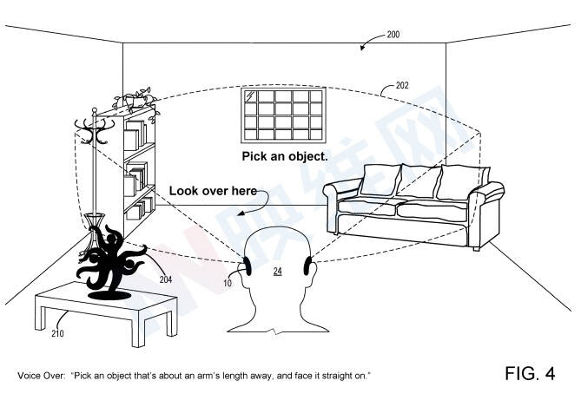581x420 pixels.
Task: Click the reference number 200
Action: click(x=393, y=35)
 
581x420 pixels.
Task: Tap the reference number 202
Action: click(x=402, y=86)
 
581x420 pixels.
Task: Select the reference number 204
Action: click(x=166, y=279)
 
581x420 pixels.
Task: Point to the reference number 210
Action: click(x=57, y=334)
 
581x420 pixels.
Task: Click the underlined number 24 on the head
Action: click(x=278, y=271)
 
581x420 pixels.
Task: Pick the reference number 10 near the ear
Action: click(x=228, y=284)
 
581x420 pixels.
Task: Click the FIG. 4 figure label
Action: click(x=530, y=373)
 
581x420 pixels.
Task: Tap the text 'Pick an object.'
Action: click(x=285, y=156)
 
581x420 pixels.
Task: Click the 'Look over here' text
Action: click(x=213, y=191)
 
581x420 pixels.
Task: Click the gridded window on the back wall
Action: click(x=283, y=115)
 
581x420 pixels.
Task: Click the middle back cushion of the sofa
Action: click(x=419, y=180)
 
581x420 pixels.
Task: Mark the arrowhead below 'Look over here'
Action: click(x=241, y=213)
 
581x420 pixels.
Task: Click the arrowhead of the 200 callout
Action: click(x=363, y=48)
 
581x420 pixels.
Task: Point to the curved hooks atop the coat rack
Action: click(x=95, y=129)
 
